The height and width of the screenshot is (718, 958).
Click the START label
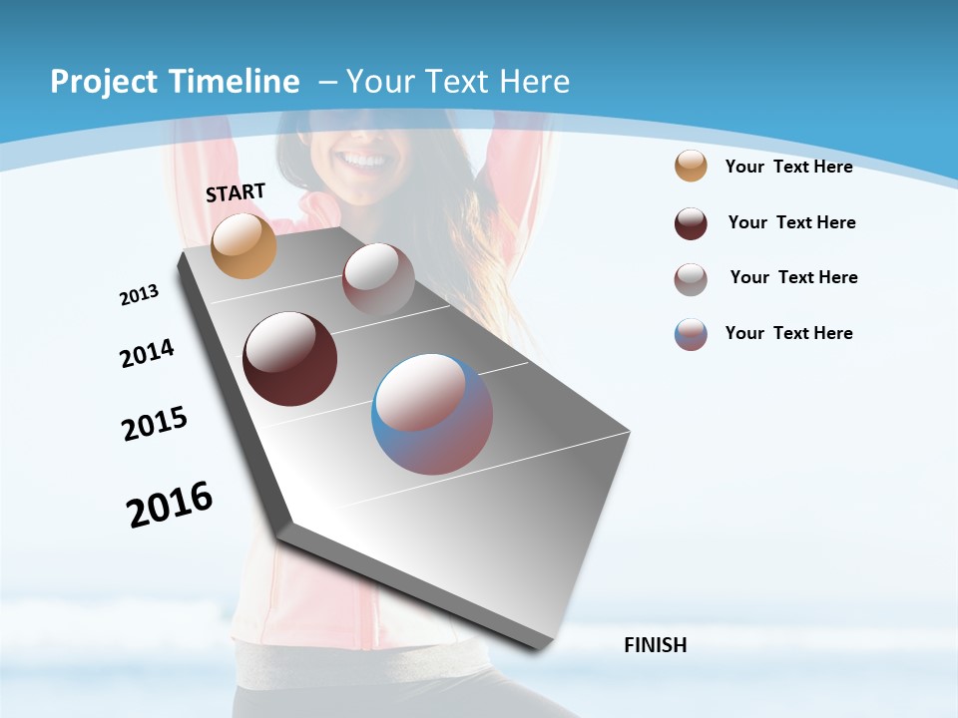coord(236,192)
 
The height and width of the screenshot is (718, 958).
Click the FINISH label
coord(656,645)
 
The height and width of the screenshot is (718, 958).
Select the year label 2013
coord(140,295)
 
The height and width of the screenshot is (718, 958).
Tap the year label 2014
coord(148,353)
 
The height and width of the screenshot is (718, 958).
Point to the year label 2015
coord(155,424)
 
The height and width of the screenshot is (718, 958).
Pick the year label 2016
coord(170,505)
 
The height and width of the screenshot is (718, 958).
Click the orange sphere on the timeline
coord(243,245)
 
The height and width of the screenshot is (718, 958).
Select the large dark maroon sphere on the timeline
coord(290,359)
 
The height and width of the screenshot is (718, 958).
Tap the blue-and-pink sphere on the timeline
coord(432,414)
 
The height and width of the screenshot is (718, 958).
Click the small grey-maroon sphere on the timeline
coord(378,278)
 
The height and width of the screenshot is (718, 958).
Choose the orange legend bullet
coord(691,166)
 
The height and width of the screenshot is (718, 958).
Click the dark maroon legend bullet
coord(691,223)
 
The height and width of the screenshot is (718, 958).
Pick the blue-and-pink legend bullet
coord(691,334)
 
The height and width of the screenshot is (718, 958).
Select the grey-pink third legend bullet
coord(691,279)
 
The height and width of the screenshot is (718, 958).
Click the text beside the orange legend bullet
coord(789,167)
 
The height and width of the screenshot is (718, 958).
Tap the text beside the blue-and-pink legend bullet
coord(789,333)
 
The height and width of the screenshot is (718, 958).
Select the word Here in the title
coord(534,82)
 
